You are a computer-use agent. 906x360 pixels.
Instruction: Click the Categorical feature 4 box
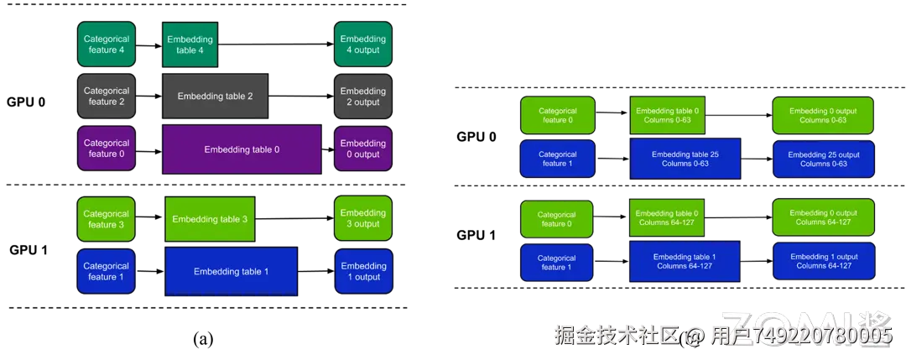click(107, 44)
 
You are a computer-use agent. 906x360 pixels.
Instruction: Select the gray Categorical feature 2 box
click(107, 97)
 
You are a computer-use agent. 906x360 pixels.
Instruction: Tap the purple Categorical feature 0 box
click(107, 149)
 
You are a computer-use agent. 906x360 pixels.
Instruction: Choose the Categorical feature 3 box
click(107, 219)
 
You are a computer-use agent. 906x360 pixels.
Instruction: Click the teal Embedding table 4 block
click(190, 44)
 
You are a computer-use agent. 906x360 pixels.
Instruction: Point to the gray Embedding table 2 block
click(215, 97)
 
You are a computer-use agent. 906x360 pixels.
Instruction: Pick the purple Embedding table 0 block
click(242, 149)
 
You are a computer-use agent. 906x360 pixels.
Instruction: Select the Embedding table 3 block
click(210, 219)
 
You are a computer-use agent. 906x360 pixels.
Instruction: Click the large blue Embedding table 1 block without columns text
click(232, 271)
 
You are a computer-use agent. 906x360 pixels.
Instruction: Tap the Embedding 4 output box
click(363, 44)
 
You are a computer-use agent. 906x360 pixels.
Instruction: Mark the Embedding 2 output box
click(363, 97)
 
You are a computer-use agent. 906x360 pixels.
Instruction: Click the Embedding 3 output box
click(363, 219)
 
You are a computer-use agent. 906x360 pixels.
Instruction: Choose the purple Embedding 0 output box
click(363, 149)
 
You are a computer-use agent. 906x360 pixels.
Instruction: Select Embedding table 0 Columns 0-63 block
click(667, 115)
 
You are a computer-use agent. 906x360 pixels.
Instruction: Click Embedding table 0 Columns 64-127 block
click(667, 217)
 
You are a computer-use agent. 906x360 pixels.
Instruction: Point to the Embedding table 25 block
click(685, 159)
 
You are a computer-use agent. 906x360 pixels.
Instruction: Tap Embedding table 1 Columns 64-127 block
click(685, 261)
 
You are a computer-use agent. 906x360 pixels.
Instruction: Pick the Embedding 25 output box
click(823, 159)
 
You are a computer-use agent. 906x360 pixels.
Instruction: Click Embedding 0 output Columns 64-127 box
click(823, 217)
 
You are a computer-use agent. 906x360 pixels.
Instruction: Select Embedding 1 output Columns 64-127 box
click(823, 261)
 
